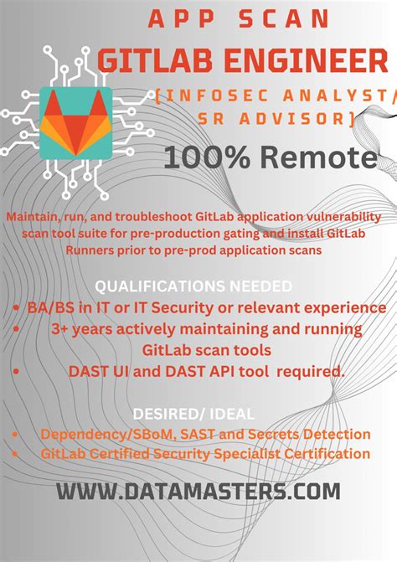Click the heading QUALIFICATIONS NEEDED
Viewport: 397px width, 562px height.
coord(193,285)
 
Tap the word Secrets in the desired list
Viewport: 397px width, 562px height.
coord(273,434)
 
